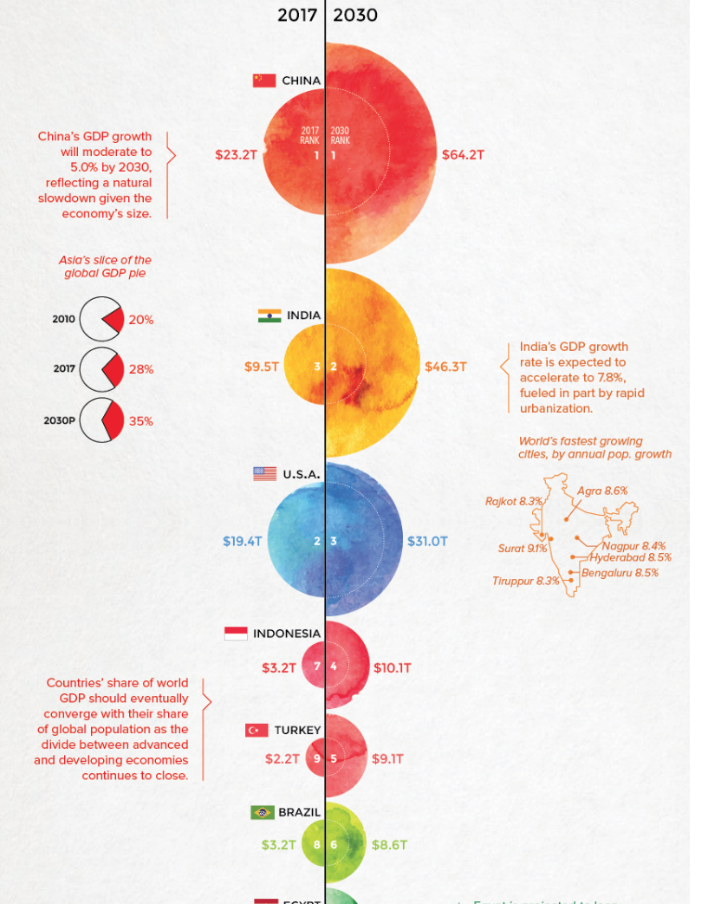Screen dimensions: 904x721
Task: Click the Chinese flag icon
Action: (x=263, y=81)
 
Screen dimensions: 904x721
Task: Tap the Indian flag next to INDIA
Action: (x=269, y=315)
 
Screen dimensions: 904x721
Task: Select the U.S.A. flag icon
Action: (x=264, y=474)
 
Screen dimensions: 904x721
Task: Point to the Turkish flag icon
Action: (x=257, y=730)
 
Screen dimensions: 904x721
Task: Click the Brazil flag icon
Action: (x=262, y=812)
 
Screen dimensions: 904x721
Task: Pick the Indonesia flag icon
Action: (x=236, y=634)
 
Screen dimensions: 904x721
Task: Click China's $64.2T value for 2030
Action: (x=463, y=155)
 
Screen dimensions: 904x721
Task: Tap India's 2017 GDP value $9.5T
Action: (x=261, y=367)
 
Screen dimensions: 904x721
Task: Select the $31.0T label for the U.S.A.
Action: (x=427, y=541)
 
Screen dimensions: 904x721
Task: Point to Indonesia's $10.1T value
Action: (x=392, y=667)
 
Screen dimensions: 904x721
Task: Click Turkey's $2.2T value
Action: (x=282, y=758)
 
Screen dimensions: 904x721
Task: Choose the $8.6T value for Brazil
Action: (x=389, y=844)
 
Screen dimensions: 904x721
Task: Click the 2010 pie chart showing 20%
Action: (x=101, y=319)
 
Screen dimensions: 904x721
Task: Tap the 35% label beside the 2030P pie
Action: (x=140, y=421)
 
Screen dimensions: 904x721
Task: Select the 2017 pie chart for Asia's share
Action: (x=101, y=369)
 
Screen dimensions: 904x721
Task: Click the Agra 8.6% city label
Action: (x=602, y=491)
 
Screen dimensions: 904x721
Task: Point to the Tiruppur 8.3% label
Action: (x=525, y=581)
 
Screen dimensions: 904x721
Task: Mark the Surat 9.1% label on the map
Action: (x=522, y=548)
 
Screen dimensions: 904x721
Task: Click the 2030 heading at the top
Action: (x=355, y=16)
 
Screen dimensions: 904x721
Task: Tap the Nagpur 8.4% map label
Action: (x=633, y=546)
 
